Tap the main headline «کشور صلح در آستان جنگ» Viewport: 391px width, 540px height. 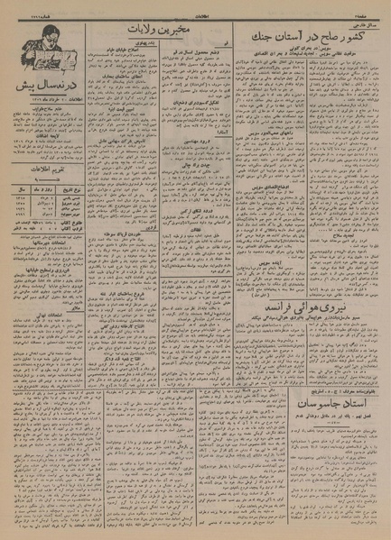[312, 33]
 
